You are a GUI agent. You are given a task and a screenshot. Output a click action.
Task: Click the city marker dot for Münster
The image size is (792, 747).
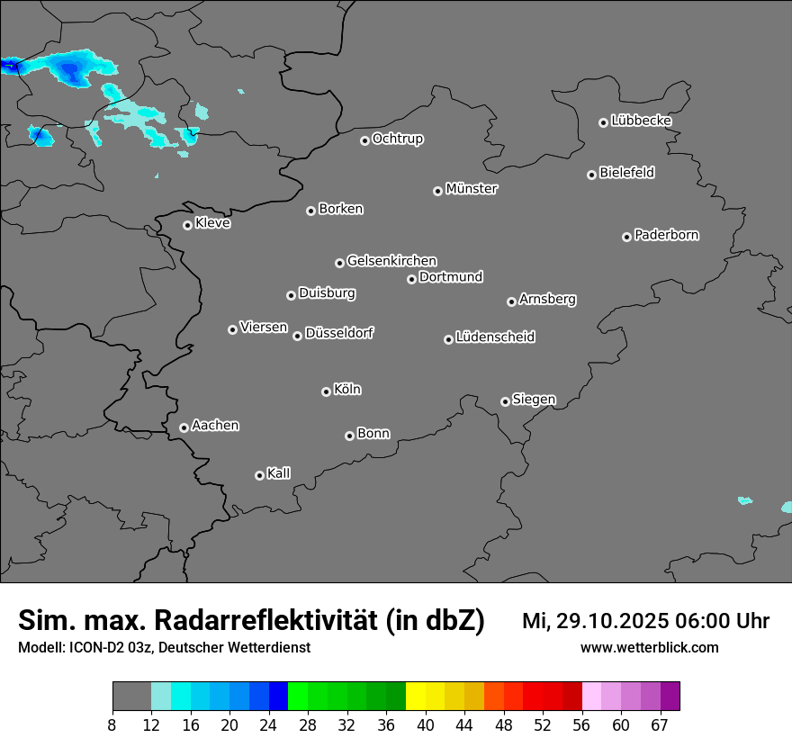(437, 191)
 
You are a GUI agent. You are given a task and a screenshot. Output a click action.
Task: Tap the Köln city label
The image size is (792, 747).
(347, 390)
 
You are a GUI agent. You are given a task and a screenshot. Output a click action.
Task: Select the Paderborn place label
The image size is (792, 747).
(667, 235)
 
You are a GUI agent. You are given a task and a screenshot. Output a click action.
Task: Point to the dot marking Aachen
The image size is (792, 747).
(184, 427)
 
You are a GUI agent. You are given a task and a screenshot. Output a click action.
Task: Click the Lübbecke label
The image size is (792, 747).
(642, 121)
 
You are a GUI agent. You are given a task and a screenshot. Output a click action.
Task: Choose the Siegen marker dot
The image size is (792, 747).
(505, 401)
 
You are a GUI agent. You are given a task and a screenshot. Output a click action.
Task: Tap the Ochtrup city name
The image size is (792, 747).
(398, 139)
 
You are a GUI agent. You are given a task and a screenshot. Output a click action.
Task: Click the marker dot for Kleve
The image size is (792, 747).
(187, 225)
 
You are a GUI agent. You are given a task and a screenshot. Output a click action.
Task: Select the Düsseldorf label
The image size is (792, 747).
(339, 333)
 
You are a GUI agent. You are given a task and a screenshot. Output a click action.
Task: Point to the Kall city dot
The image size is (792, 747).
(259, 475)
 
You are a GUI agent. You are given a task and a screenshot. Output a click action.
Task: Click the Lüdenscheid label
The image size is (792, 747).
(496, 337)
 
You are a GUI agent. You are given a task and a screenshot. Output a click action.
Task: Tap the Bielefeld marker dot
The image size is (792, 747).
(591, 175)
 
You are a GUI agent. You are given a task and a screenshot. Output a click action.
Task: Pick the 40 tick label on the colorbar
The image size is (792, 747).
(426, 724)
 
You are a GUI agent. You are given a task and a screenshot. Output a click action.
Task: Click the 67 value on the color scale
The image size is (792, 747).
(661, 724)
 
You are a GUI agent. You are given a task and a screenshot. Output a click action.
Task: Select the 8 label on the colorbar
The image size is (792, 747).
(112, 724)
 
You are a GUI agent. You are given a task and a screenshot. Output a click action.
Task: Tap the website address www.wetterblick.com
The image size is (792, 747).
(650, 647)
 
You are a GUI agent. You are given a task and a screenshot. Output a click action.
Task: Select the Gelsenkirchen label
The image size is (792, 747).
(391, 261)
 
